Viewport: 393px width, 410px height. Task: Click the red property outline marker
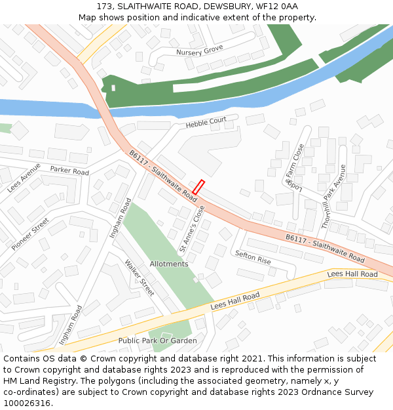pos(198,187)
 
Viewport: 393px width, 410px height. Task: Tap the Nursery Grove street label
pos(200,51)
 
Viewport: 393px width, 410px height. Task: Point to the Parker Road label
pos(69,171)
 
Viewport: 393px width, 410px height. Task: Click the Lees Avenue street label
pos(24,178)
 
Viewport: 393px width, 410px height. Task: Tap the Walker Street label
pos(140,277)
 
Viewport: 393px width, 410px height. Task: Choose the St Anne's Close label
pos(192,228)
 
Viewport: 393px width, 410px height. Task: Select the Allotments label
pos(169,264)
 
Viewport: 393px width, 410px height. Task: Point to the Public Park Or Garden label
pos(157,340)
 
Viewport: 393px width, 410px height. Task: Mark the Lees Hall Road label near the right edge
pos(352,274)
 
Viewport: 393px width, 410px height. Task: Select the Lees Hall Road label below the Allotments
pos(235,301)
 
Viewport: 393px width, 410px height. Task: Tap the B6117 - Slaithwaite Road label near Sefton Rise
pos(325,249)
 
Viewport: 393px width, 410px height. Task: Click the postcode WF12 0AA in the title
pos(276,6)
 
